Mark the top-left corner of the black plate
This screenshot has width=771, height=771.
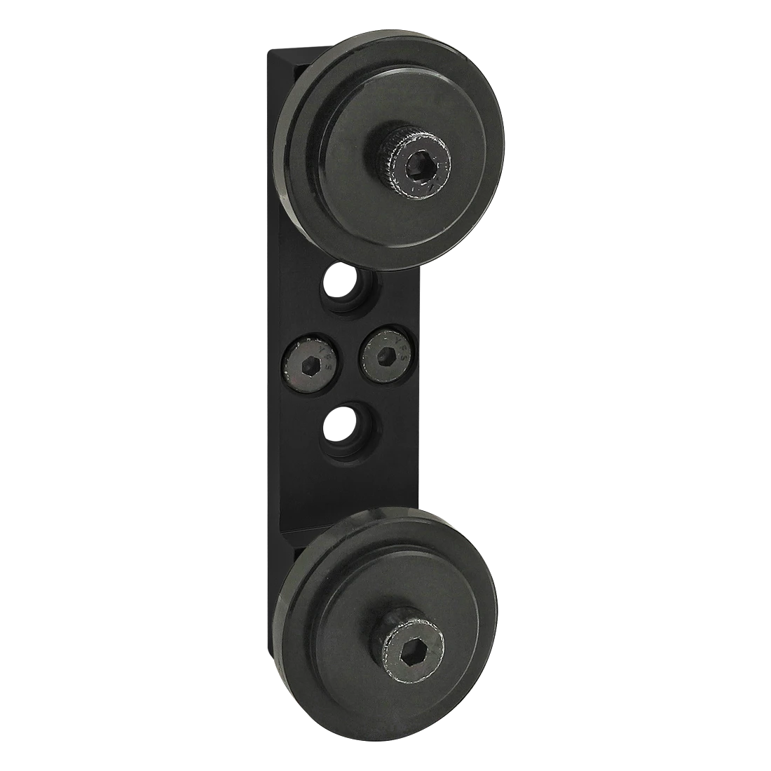(x=269, y=49)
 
